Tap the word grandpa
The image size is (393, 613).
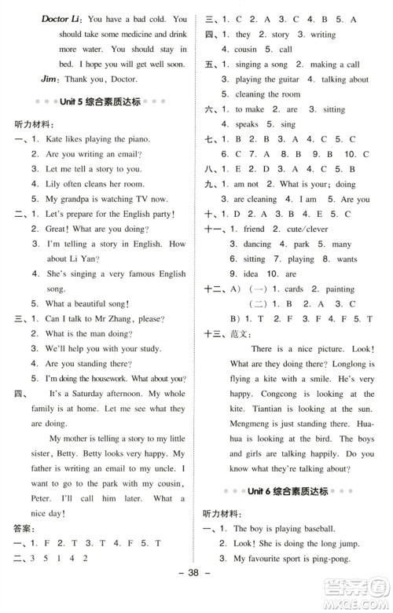pyautogui.click(x=80, y=198)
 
